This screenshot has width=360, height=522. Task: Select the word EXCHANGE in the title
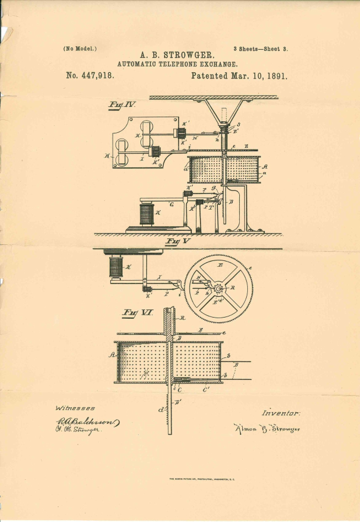click(x=216, y=64)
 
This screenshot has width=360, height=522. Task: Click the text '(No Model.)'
click(x=80, y=48)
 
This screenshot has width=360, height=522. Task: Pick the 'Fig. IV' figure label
click(x=122, y=105)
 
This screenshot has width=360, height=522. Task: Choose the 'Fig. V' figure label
click(x=177, y=241)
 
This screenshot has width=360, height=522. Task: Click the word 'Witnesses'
click(x=75, y=408)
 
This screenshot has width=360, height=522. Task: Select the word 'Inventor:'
click(x=281, y=413)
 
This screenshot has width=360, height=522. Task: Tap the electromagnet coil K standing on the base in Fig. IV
click(x=147, y=215)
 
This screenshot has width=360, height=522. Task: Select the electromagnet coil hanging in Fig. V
click(x=116, y=267)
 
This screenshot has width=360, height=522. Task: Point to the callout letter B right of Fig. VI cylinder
click(x=235, y=365)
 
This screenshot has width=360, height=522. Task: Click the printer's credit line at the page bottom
click(x=205, y=479)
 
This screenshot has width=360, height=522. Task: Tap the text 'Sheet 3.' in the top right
click(x=274, y=49)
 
